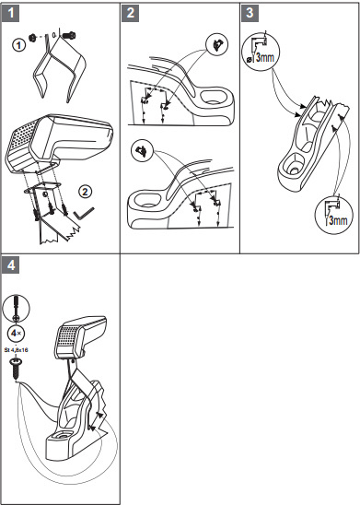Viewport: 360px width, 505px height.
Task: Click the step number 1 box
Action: coord(11,13)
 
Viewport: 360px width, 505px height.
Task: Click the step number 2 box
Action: coord(131,13)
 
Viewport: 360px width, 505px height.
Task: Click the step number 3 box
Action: coord(250,13)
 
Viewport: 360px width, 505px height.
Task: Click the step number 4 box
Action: coord(11,265)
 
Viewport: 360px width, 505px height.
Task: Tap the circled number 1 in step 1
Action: coord(19,45)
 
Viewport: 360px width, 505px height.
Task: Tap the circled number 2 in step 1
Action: coord(85,192)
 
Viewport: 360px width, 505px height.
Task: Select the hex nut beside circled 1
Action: coord(33,38)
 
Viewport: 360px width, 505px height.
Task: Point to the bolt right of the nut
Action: coord(68,35)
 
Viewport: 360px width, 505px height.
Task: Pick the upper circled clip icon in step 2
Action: coord(217,45)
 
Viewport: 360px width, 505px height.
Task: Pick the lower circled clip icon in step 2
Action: coord(142,150)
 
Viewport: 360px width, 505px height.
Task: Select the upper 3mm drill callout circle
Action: coord(261,52)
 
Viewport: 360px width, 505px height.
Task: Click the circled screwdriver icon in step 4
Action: coord(16,308)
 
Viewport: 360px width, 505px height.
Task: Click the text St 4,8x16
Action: coord(16,349)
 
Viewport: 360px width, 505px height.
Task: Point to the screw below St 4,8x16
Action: coord(16,368)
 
